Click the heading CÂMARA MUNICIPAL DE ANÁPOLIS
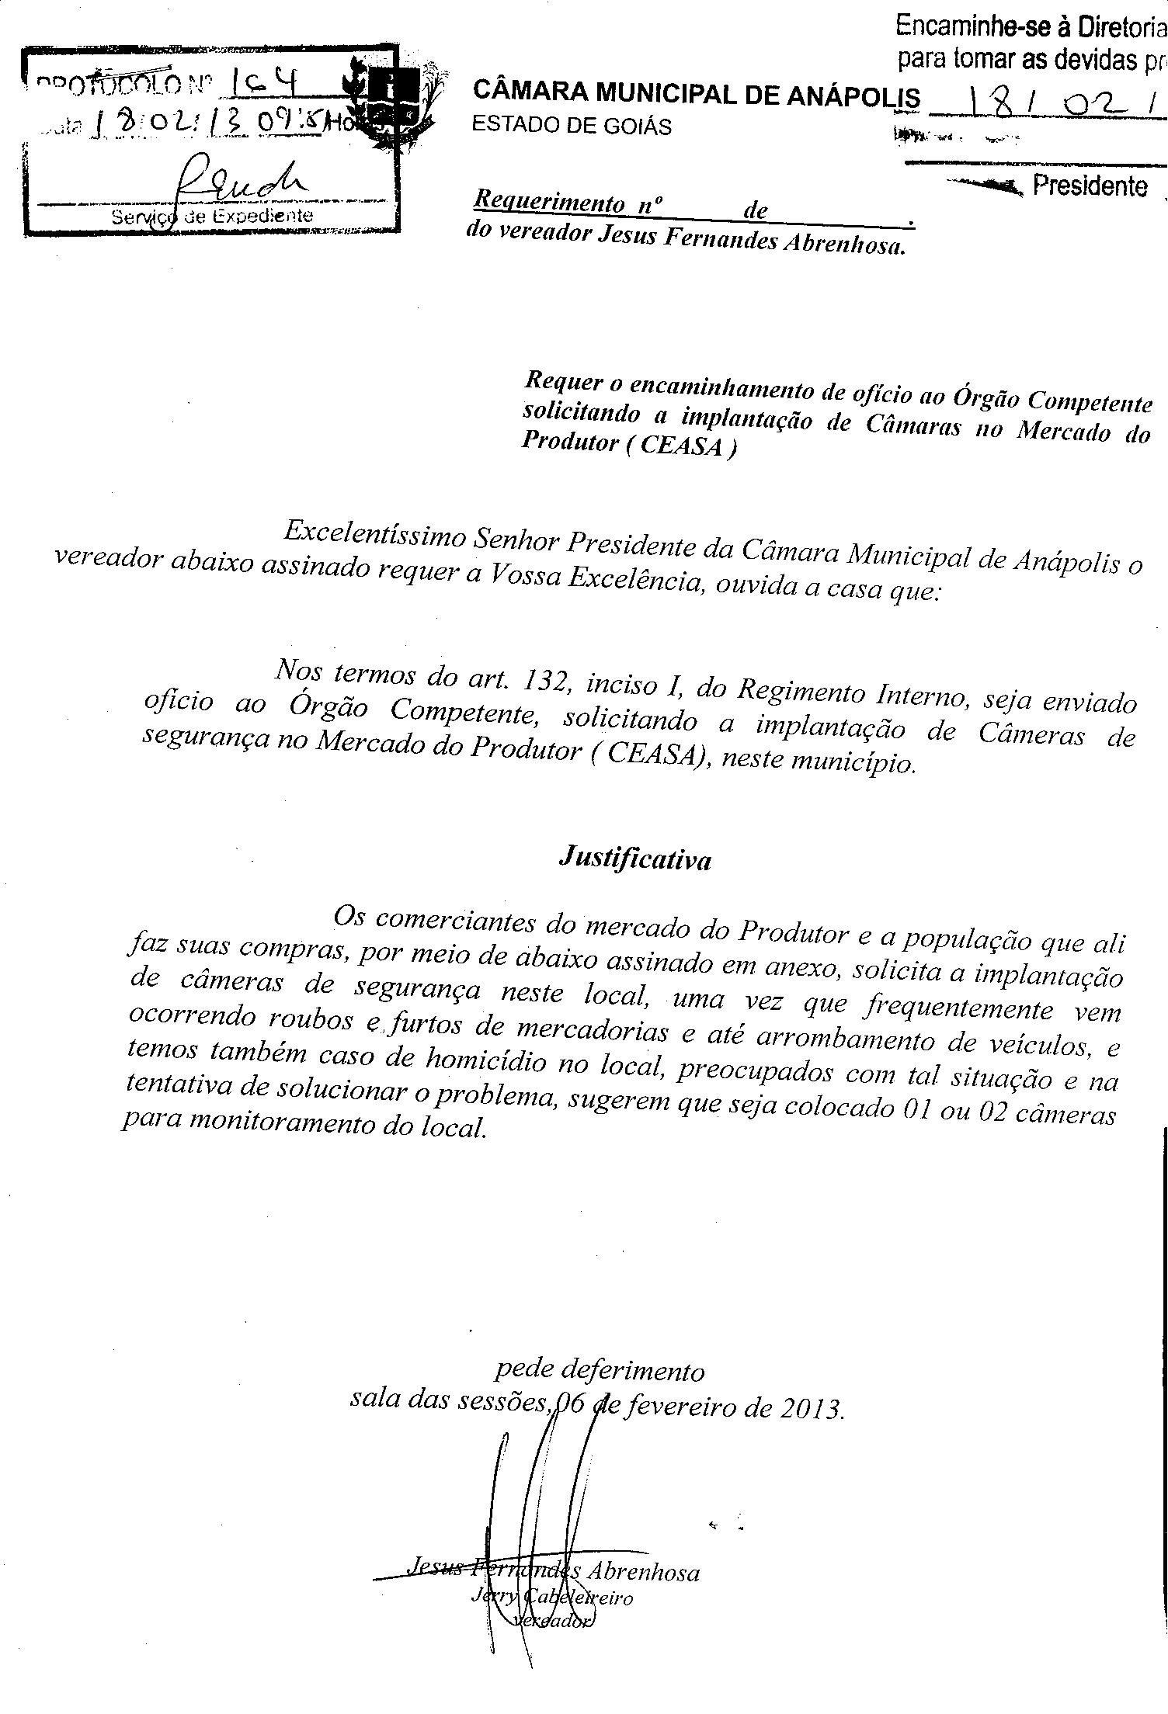(696, 95)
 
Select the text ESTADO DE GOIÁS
(572, 127)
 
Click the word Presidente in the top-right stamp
(1090, 186)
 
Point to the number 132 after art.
(548, 682)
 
